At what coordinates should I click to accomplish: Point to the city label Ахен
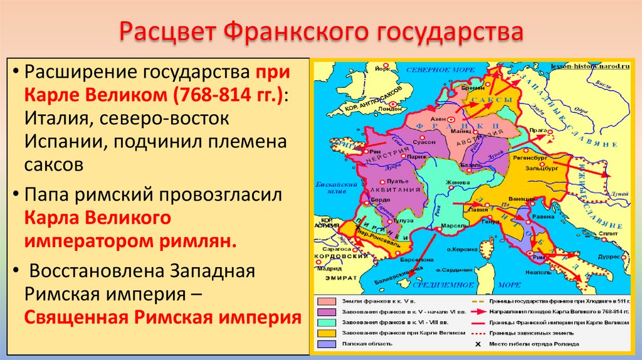[438, 118]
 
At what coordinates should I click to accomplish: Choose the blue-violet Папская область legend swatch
[326, 344]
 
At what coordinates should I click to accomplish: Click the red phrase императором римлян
[131, 241]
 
